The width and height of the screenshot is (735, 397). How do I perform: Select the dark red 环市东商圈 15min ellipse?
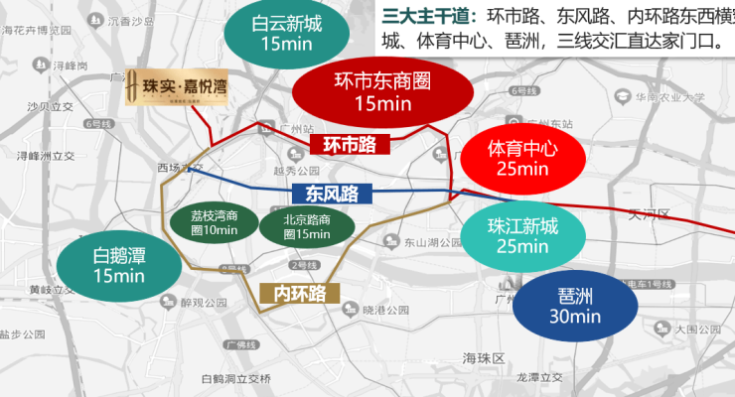click(x=382, y=89)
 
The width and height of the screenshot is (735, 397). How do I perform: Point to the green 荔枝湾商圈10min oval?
click(x=215, y=224)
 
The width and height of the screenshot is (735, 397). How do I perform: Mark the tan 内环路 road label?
click(x=299, y=293)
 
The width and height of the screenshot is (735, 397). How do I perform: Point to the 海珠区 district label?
click(x=484, y=357)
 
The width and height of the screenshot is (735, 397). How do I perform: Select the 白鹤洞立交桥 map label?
click(x=235, y=378)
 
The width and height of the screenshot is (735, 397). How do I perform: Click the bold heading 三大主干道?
click(x=427, y=18)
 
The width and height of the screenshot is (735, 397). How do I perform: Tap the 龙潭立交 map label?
click(x=540, y=378)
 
